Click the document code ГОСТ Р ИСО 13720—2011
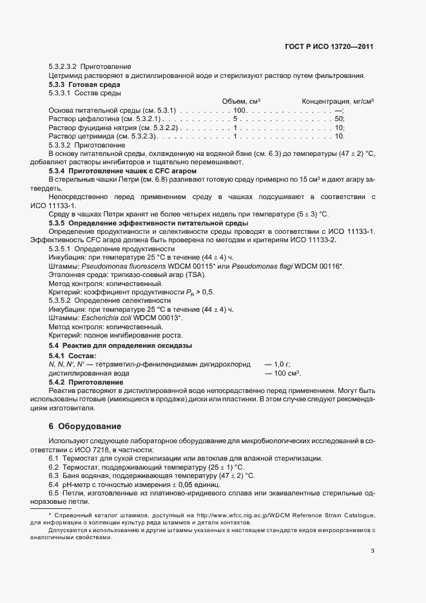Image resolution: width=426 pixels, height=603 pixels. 329,46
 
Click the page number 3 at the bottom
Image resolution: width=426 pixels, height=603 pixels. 373,550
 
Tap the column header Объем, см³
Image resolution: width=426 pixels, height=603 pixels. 241,102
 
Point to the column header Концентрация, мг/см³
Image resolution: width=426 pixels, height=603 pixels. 338,102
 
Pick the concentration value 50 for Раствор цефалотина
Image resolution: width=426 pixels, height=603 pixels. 340,119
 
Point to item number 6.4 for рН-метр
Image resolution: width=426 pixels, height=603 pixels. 53,484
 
